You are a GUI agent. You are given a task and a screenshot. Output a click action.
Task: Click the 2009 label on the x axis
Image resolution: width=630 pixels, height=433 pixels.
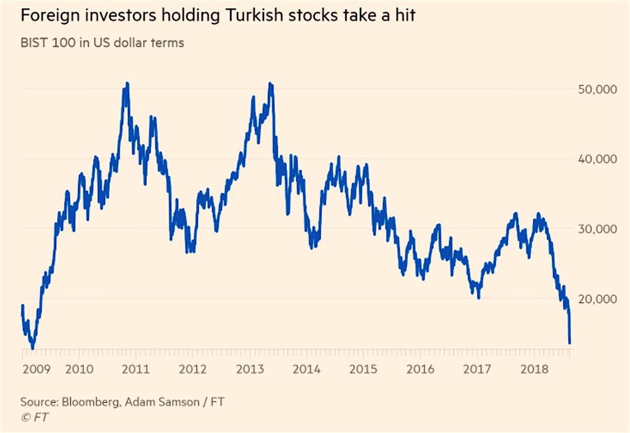click(37, 369)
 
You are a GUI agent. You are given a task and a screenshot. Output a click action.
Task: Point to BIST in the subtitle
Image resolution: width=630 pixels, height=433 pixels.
click(34, 43)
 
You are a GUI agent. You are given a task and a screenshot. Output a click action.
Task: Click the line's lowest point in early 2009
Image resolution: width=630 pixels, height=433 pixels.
click(33, 348)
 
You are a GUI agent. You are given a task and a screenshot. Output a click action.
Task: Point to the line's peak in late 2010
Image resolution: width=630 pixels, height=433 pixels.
click(127, 83)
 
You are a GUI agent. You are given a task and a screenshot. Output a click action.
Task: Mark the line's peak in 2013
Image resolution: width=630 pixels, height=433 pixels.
click(270, 83)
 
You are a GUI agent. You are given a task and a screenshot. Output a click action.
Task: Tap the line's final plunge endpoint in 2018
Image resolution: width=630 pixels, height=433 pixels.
click(569, 343)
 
